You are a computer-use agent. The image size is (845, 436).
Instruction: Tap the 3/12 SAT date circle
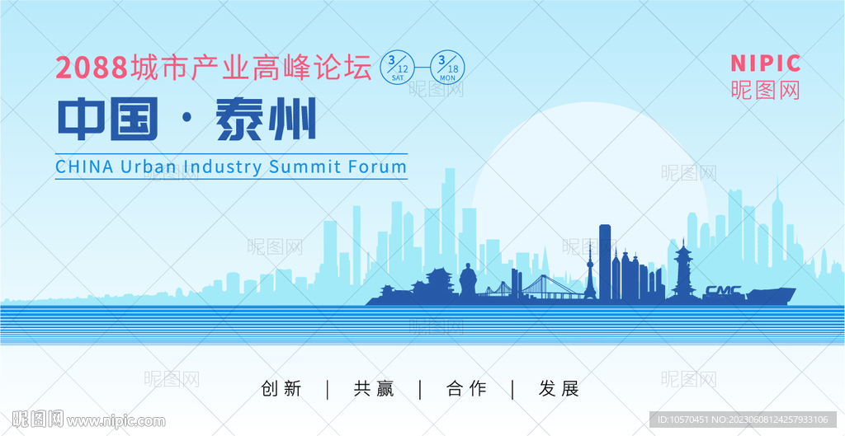click(398, 68)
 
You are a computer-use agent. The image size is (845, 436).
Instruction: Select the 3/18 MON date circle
click(447, 68)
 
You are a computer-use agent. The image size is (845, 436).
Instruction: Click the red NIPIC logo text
click(765, 63)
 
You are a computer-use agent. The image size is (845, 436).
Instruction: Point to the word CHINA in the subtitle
click(85, 166)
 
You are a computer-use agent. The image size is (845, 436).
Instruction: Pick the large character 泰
click(239, 119)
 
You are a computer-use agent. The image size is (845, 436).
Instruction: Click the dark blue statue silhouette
click(468, 280)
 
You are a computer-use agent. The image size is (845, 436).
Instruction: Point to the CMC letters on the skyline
click(723, 291)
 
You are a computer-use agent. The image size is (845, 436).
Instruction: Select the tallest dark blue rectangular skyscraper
click(605, 261)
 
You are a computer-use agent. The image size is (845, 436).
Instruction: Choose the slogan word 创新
click(281, 389)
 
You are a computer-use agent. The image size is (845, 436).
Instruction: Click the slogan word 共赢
click(374, 389)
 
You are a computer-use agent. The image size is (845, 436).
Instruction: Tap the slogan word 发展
click(559, 389)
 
